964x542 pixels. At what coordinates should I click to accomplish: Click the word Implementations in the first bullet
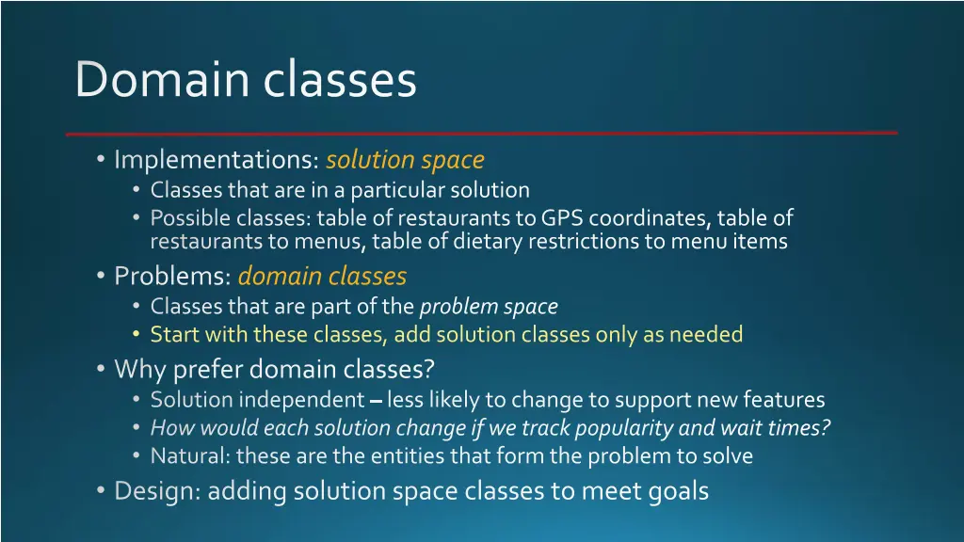[x=216, y=161]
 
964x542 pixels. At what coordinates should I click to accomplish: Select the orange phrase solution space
[x=405, y=161]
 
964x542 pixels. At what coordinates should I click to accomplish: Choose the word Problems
[x=171, y=277]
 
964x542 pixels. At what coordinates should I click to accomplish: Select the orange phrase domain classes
[x=322, y=277]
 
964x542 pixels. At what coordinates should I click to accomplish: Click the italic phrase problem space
[x=489, y=307]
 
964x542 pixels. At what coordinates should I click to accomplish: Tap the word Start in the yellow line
[x=173, y=334]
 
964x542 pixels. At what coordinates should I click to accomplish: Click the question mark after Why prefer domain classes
[x=429, y=369]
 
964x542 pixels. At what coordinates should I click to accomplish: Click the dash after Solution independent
[x=376, y=402]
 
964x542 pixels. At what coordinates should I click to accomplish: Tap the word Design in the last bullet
[x=155, y=490]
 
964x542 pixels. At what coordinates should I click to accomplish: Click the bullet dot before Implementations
[x=101, y=161]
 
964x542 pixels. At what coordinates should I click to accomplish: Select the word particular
[x=395, y=190]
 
